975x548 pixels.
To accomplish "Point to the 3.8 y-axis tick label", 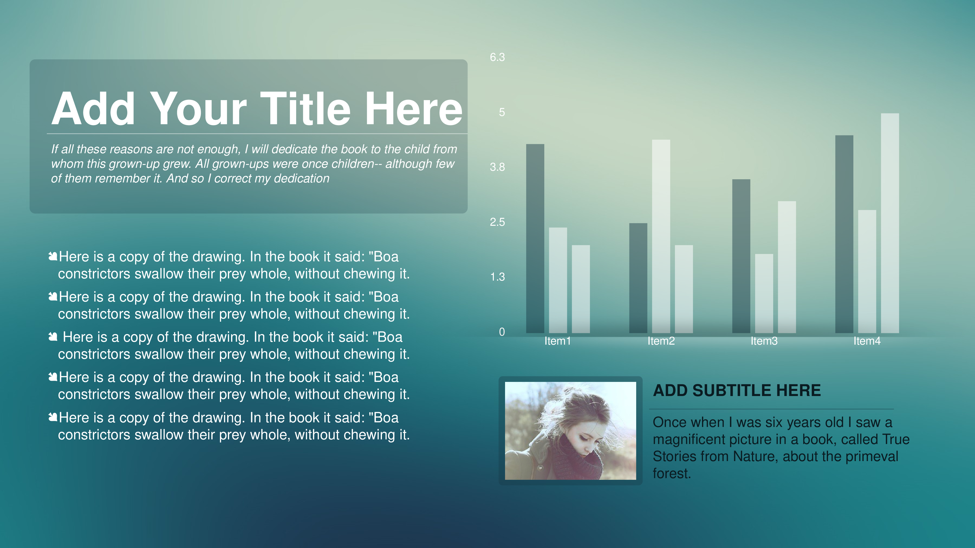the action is (x=497, y=167).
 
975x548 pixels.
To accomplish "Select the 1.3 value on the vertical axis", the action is (x=497, y=277).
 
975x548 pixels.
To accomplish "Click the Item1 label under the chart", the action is (x=557, y=341).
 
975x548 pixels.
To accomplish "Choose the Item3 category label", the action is (x=764, y=341).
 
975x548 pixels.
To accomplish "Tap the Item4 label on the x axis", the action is (x=867, y=341).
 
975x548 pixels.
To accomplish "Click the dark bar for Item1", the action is (x=535, y=239).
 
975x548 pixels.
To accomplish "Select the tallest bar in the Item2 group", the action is (x=661, y=236).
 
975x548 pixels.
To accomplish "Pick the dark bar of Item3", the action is (x=741, y=256).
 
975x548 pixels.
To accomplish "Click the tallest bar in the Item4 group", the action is (x=890, y=223).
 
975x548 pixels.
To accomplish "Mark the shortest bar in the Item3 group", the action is (x=764, y=293).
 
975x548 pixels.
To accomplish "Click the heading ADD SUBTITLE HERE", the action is (x=737, y=390).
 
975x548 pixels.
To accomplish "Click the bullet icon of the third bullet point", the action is (x=53, y=337).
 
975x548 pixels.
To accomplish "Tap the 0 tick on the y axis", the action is (x=502, y=332).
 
